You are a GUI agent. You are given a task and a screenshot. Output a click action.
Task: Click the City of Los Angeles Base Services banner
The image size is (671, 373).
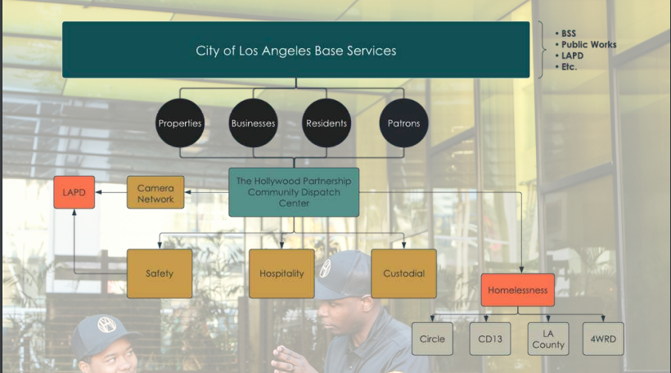295,51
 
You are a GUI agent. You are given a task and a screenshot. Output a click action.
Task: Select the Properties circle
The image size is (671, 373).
179,124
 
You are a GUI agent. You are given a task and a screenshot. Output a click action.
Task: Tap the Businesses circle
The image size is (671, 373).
253,124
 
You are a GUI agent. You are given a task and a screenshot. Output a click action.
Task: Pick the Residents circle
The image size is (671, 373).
326,124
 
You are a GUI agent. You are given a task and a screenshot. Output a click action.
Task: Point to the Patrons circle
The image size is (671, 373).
403,124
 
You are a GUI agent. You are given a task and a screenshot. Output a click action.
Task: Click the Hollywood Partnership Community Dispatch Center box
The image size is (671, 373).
293,192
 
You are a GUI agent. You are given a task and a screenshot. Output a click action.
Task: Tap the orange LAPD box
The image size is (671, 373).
74,192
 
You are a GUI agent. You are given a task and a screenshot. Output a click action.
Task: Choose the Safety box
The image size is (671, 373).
160,273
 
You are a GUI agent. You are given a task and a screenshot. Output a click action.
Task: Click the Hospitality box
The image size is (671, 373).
281,273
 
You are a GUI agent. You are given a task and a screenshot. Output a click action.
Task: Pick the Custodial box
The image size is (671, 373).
403,273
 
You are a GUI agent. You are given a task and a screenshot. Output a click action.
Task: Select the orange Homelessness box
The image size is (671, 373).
517,290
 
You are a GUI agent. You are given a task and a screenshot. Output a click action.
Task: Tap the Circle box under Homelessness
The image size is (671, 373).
432,339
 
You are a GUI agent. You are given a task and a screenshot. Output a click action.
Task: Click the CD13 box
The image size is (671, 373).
489,339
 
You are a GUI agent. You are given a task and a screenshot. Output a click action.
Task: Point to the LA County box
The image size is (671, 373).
548,339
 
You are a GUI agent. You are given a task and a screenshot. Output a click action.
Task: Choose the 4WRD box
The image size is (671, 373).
605,339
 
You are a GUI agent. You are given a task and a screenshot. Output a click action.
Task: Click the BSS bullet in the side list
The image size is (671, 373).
568,34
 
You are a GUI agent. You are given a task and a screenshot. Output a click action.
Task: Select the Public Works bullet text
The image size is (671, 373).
588,45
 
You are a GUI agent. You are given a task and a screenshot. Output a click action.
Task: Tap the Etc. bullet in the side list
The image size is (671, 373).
569,67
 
